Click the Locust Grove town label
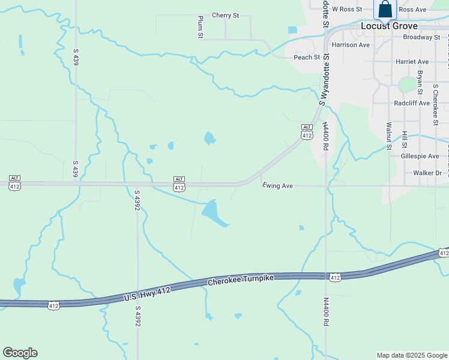[389, 26]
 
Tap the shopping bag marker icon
[385, 9]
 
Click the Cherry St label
[226, 16]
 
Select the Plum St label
[200, 28]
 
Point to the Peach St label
[307, 57]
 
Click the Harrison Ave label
[351, 45]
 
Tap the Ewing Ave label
[277, 186]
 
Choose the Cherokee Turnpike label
[241, 280]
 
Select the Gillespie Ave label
[420, 155]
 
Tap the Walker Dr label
[427, 173]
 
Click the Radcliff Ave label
[412, 103]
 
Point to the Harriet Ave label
[412, 62]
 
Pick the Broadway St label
[421, 37]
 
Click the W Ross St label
[347, 9]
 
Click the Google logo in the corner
[20, 353]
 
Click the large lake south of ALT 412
[213, 212]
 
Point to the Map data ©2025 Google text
[412, 355]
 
